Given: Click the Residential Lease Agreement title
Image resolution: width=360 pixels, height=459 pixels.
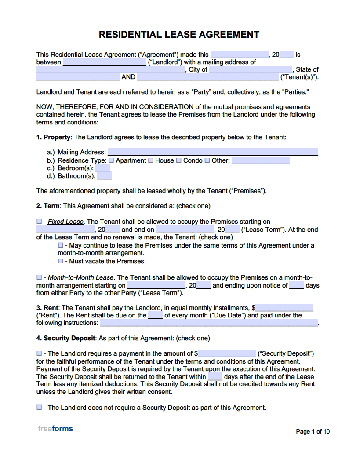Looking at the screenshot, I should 179,34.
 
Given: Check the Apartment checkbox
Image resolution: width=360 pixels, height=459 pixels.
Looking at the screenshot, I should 111,160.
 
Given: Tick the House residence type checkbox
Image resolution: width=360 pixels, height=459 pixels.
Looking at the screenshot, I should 151,160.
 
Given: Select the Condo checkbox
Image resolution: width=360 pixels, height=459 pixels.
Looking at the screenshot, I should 179,160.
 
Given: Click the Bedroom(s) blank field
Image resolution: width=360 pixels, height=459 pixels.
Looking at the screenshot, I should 102,168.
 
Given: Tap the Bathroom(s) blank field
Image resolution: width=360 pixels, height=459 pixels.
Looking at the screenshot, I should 104,176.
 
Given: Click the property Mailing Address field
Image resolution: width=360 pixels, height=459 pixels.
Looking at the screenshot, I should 213,152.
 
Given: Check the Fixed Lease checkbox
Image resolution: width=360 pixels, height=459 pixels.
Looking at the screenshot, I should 39,222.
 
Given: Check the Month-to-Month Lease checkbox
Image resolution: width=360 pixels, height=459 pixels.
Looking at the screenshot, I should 39,277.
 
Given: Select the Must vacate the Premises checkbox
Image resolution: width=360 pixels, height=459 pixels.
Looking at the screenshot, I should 61,261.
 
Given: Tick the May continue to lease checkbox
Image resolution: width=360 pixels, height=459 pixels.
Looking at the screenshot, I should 61,245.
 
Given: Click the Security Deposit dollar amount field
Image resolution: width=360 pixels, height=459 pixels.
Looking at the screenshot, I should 227,353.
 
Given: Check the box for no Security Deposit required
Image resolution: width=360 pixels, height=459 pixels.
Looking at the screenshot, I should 39,408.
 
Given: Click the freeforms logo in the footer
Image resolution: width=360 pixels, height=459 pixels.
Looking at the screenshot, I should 55,429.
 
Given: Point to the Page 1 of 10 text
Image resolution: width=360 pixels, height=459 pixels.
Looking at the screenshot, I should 313,431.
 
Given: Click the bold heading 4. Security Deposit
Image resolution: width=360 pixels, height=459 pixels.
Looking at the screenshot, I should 65,338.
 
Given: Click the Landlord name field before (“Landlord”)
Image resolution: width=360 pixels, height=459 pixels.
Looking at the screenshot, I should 105,62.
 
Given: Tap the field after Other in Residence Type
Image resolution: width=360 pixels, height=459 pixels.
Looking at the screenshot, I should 260,160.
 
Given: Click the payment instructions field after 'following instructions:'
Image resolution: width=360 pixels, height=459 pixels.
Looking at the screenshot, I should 209,323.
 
